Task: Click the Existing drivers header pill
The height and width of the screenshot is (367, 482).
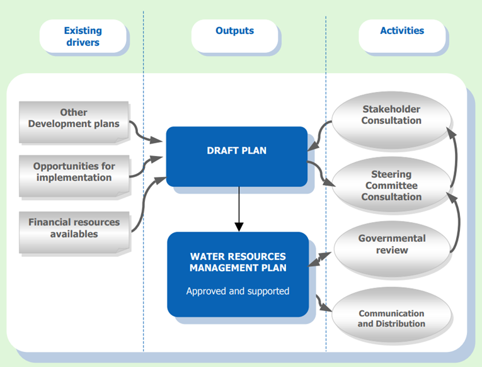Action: (x=83, y=37)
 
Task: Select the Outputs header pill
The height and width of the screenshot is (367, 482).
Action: (x=234, y=37)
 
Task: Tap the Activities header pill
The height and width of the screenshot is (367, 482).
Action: (x=402, y=37)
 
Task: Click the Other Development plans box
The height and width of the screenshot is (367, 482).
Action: (x=74, y=122)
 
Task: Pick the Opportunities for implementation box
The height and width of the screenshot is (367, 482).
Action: (x=74, y=176)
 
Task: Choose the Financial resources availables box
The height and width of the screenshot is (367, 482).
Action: (x=74, y=232)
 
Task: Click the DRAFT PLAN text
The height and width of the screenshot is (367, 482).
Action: (x=237, y=150)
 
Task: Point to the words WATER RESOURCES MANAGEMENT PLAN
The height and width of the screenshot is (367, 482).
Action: (x=238, y=262)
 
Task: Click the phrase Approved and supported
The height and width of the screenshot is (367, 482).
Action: (x=238, y=291)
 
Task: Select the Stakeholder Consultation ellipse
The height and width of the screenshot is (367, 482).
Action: (x=391, y=120)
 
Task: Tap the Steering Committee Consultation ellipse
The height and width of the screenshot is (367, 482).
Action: (x=391, y=185)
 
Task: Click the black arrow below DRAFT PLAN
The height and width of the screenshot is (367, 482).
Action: (x=239, y=209)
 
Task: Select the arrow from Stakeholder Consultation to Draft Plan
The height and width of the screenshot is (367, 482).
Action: (x=319, y=135)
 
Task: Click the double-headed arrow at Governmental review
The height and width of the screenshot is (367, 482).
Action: (x=319, y=259)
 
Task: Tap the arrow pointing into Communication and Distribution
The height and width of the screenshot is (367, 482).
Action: (x=322, y=305)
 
